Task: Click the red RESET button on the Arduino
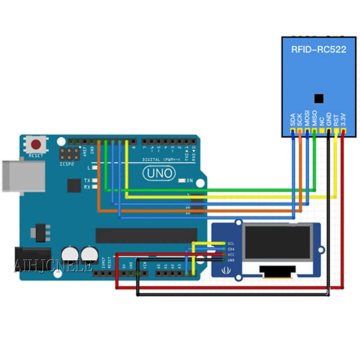(36, 145)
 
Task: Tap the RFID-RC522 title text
(319, 49)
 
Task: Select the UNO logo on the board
(159, 173)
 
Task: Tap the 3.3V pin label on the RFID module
(343, 119)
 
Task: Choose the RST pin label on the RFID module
(336, 120)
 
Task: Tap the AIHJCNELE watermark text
(53, 266)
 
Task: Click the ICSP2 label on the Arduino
(67, 164)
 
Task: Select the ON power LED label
(190, 181)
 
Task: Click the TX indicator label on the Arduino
(87, 180)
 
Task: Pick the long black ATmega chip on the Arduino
(146, 235)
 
